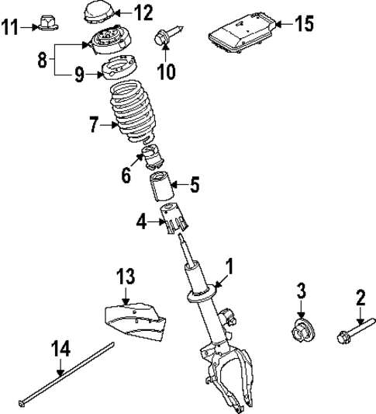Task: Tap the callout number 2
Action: pos(360,297)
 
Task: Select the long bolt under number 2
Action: pos(350,336)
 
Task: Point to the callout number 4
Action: pos(140,224)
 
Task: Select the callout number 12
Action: pos(143,12)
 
